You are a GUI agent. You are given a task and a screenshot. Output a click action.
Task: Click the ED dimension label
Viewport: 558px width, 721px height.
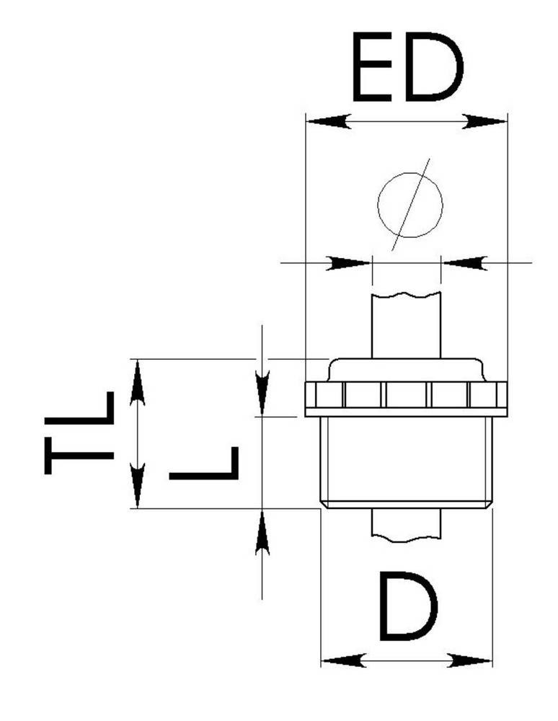point(408,66)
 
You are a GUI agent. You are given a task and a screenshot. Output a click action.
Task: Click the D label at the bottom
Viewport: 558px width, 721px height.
point(408,606)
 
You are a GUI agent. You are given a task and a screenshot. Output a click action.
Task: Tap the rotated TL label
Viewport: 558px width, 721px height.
point(79,433)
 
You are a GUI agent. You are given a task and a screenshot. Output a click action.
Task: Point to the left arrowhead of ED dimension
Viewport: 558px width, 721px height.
point(329,122)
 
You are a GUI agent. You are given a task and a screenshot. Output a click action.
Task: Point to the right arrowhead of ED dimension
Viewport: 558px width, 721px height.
point(484,122)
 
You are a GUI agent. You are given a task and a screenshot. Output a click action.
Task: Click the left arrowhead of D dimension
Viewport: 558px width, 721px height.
point(344,661)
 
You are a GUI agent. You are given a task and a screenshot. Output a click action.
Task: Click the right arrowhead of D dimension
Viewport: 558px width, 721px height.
point(469,661)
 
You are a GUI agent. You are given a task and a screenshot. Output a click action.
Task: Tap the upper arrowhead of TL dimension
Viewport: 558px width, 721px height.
point(138,383)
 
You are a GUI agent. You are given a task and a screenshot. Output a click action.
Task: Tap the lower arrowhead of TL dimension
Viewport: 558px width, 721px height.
point(138,485)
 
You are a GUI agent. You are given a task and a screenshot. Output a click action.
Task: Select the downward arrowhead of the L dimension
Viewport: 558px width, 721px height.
point(262,394)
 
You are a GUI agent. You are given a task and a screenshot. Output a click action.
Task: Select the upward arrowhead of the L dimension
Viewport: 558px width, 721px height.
point(262,532)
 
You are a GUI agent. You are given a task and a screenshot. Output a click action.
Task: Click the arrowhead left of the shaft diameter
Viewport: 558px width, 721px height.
point(348,263)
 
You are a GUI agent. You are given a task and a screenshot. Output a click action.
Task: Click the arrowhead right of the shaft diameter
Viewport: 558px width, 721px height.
point(464,263)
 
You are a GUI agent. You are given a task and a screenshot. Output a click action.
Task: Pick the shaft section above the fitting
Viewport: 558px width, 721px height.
point(407,325)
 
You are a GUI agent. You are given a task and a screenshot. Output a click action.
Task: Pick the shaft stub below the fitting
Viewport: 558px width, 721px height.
point(407,525)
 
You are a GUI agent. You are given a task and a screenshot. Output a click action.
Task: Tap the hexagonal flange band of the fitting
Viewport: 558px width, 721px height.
point(407,399)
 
